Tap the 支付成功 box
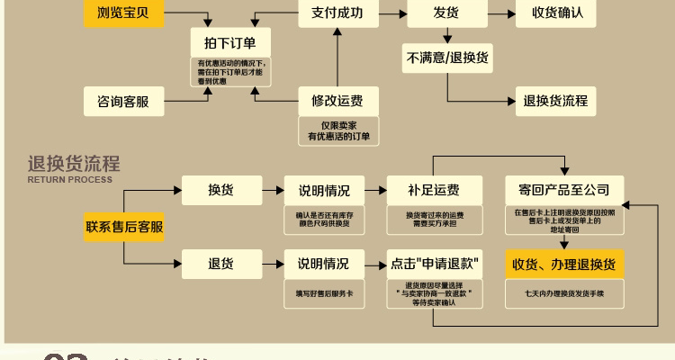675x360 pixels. coord(337,13)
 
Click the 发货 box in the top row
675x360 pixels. coord(446,13)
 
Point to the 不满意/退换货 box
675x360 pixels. coord(446,58)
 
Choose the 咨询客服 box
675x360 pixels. coord(123,101)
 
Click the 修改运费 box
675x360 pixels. coord(337,101)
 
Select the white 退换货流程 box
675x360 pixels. coord(555,101)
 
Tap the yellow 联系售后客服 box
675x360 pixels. coord(124,227)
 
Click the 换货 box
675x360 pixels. coord(220,190)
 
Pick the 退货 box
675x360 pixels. coord(220,264)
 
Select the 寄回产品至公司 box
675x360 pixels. coord(564,190)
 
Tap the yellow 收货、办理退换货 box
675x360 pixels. coord(564,264)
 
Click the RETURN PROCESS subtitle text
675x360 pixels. coord(70,180)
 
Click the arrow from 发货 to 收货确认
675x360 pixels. coord(499,13)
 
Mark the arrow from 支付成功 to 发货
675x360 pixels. coord(391,13)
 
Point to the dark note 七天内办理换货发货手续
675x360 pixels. coord(564,293)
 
